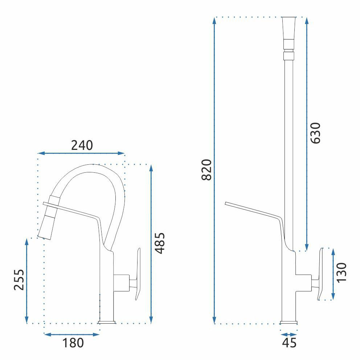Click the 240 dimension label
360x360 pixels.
pyautogui.click(x=82, y=145)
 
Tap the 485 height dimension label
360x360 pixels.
pyautogui.click(x=160, y=243)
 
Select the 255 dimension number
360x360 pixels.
pyautogui.click(x=19, y=280)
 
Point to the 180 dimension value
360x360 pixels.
pyautogui.click(x=73, y=343)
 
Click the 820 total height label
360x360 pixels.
pyautogui.click(x=206, y=170)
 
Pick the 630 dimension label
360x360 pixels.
pyautogui.click(x=315, y=133)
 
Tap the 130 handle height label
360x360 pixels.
pyautogui.click(x=341, y=273)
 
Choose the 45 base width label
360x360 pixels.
pyautogui.click(x=289, y=343)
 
